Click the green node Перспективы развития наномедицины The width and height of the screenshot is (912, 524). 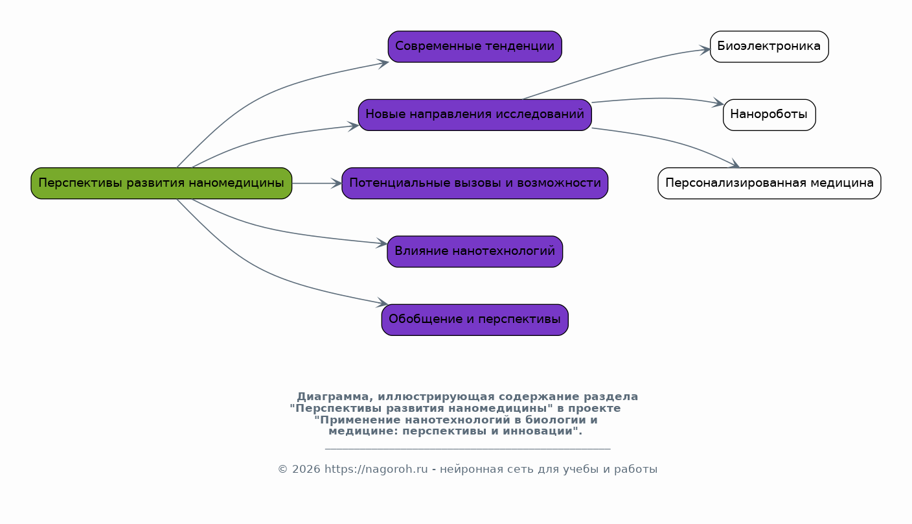pos(161,184)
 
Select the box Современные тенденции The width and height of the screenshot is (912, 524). pos(475,47)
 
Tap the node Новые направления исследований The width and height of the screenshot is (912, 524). pos(475,115)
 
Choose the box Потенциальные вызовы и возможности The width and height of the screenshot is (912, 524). pos(475,184)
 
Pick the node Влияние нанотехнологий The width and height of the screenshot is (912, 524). pos(475,252)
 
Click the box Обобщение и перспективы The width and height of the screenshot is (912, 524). pos(475,320)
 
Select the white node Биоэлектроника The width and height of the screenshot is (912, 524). pos(769,47)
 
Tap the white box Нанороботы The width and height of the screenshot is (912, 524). pos(769,115)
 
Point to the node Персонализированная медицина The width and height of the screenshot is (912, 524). pos(769,184)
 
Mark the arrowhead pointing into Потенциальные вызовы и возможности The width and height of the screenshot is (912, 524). pos(337,184)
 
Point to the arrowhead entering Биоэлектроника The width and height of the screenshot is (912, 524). pos(706,49)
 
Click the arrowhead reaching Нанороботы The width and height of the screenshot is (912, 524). pos(719,103)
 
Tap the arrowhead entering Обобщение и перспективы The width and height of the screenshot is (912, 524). pos(383,304)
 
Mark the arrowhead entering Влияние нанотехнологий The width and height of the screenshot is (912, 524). pos(383,244)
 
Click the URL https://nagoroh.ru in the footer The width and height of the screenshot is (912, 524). pos(376,470)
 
